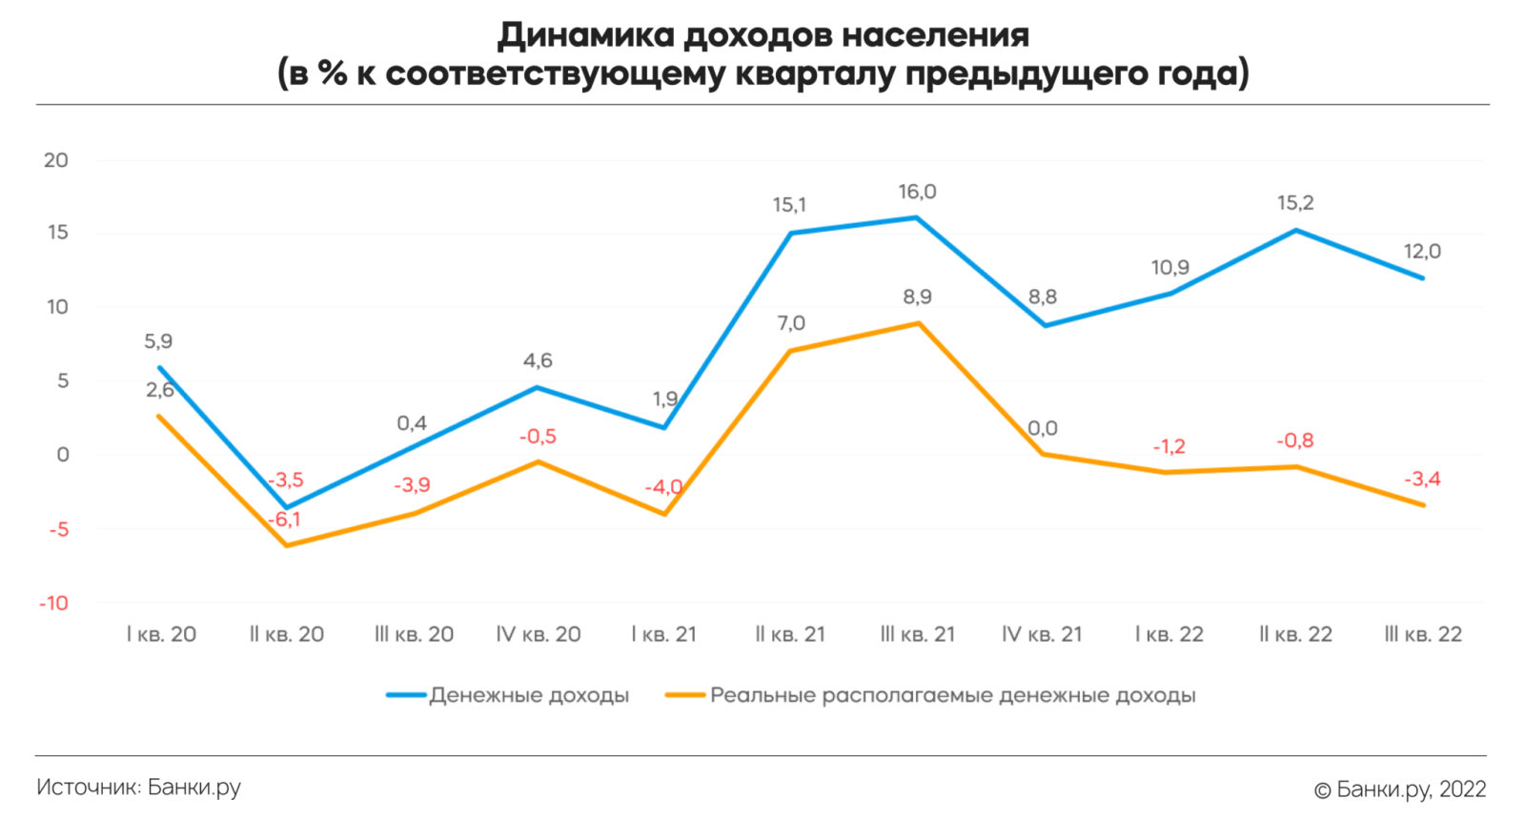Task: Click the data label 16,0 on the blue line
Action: tap(917, 192)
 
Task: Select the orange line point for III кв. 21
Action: tap(918, 323)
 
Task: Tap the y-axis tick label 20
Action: tap(56, 160)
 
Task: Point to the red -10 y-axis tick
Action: tap(53, 603)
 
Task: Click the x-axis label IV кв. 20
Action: tap(539, 634)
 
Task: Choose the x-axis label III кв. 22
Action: tap(1423, 634)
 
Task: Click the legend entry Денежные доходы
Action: tap(529, 695)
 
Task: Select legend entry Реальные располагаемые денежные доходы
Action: tap(952, 695)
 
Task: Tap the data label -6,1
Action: tap(284, 520)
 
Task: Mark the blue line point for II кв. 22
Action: tap(1296, 230)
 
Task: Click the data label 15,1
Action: tap(789, 205)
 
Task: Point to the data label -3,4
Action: tap(1422, 479)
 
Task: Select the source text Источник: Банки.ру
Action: tap(138, 788)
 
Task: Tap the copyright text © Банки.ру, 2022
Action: tap(1400, 789)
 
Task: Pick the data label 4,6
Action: tap(538, 360)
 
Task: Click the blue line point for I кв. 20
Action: tap(159, 367)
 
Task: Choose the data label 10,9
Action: tap(1169, 268)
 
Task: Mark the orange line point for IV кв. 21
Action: tap(1044, 454)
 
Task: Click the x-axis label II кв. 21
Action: tap(790, 634)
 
